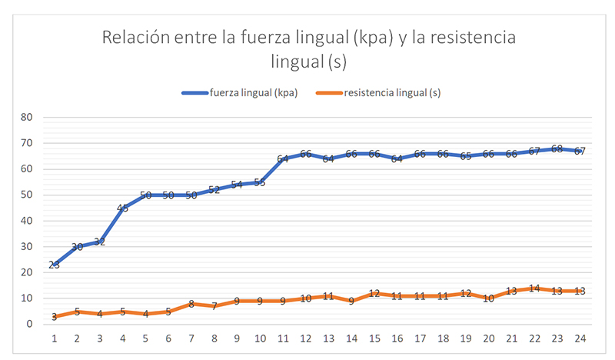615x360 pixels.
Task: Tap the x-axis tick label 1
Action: click(54, 338)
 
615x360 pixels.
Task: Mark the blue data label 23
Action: click(54, 265)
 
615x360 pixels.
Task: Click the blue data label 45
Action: click(122, 208)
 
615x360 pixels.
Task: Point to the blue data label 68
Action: click(557, 148)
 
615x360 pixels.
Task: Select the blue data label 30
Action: click(77, 247)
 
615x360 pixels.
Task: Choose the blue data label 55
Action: click(259, 182)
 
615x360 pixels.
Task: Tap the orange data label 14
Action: click(534, 288)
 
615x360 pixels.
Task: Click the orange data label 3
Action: click(54, 316)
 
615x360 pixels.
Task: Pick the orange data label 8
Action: click(191, 304)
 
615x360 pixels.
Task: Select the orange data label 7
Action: click(214, 306)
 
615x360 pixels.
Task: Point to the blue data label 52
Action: click(214, 190)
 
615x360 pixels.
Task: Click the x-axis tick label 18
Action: click(442, 338)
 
